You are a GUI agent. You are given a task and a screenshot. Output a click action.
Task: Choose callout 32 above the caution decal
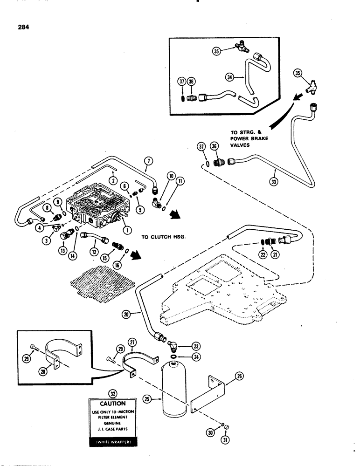[111, 380]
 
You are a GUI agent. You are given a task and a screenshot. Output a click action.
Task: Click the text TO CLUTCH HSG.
[164, 237]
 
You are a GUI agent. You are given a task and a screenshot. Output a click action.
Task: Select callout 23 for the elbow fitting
[195, 346]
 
